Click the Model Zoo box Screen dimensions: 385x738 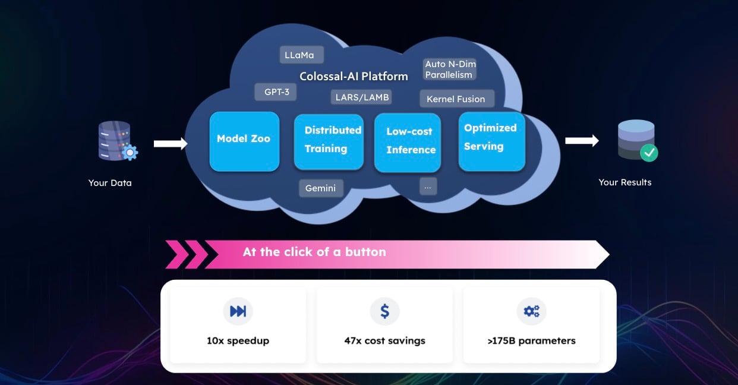click(244, 141)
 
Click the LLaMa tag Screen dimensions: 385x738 click(301, 55)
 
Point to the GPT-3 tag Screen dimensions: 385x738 click(276, 92)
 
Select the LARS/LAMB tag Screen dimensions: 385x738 click(362, 97)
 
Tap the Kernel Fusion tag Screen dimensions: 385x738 click(456, 99)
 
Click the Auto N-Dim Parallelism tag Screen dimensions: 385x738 click(449, 70)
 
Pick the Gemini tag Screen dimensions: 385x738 click(321, 188)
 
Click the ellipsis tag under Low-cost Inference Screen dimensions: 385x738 click(427, 186)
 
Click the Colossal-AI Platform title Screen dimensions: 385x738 click(354, 76)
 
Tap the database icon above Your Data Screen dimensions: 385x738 click(115, 141)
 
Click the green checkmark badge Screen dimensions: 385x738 click(649, 153)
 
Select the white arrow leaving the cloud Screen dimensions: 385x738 click(582, 141)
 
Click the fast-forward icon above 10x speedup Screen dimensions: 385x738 click(238, 311)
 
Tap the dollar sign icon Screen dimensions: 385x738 click(384, 311)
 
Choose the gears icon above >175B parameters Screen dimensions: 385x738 click(531, 311)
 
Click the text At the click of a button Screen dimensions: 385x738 click(314, 252)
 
